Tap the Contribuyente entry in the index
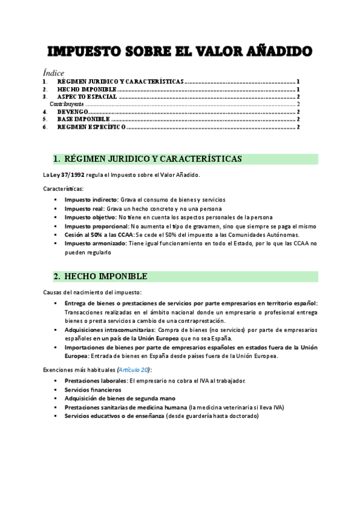(x=66, y=104)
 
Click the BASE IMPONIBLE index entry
(x=84, y=120)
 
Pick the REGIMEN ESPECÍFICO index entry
(x=91, y=127)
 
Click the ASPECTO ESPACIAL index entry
(x=87, y=96)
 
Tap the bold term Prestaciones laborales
(x=96, y=381)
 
